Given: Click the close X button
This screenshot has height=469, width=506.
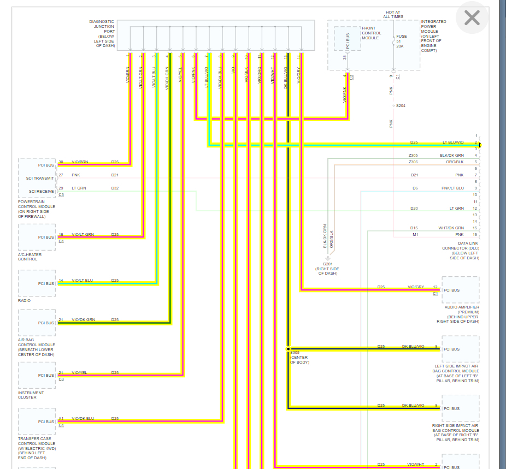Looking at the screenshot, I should tap(472, 18).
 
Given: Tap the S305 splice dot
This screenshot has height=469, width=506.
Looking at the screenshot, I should tap(288, 348).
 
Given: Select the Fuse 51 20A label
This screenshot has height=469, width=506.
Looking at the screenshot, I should tap(400, 41).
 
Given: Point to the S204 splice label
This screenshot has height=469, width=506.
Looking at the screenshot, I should tap(401, 105).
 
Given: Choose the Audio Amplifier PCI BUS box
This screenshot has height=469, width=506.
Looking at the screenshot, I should tap(460, 290).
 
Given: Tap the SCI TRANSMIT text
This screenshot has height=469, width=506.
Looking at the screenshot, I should tap(40, 178).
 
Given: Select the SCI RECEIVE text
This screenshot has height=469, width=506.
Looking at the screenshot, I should tap(42, 191).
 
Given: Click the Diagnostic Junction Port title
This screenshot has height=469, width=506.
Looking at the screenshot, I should tap(102, 33).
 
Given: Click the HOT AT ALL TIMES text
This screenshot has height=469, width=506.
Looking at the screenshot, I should tap(393, 14).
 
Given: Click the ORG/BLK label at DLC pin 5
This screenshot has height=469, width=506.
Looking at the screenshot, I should tap(454, 162).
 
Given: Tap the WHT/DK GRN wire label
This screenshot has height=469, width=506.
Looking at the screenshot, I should tap(452, 228).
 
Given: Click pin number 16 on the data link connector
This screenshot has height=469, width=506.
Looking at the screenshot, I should tap(475, 234).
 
